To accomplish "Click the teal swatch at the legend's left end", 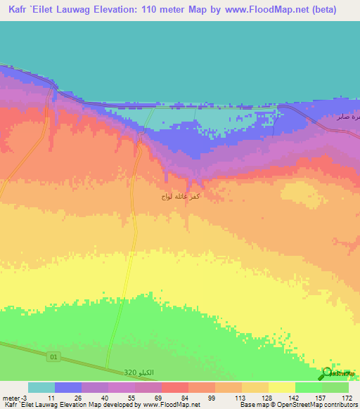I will [x=41, y=388].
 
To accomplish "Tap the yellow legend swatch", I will [x=282, y=388].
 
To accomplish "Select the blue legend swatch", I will [x=68, y=388].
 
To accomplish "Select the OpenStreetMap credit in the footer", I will [x=313, y=404].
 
